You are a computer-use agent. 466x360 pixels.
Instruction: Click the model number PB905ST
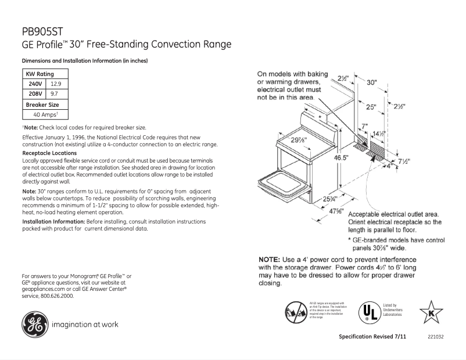coord(42,32)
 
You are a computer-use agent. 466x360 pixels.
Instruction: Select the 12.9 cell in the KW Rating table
coord(56,84)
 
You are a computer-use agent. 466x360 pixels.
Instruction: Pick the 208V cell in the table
coord(35,93)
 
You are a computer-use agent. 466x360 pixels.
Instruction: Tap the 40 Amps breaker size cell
coord(45,114)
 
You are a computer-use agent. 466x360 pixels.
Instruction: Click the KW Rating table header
coord(40,74)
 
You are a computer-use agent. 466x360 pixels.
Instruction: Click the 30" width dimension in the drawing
coord(372,82)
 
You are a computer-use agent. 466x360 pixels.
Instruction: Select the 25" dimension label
coord(371,107)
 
